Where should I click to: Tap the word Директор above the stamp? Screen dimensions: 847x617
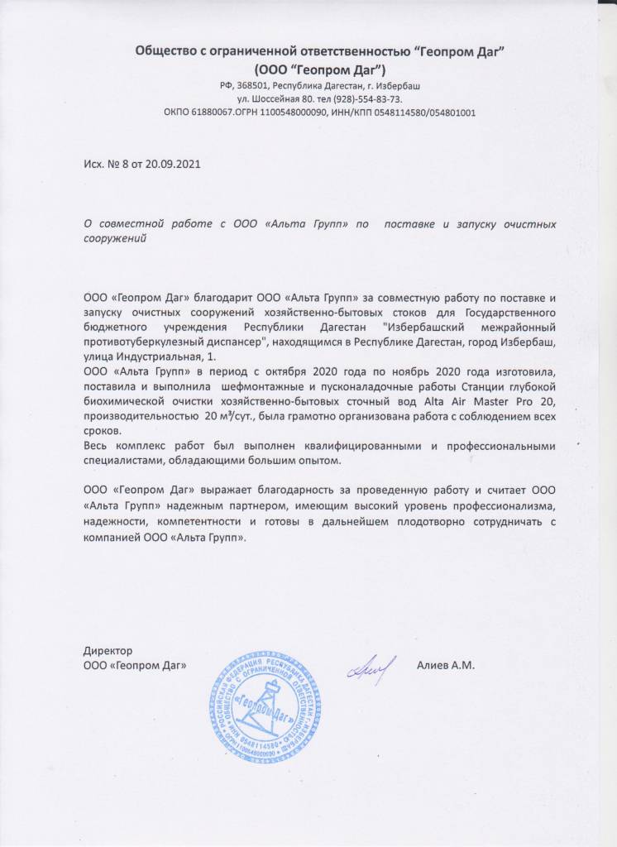click(x=108, y=651)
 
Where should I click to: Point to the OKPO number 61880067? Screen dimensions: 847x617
click(x=207, y=112)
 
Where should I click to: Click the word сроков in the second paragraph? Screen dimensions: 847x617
click(x=103, y=432)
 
